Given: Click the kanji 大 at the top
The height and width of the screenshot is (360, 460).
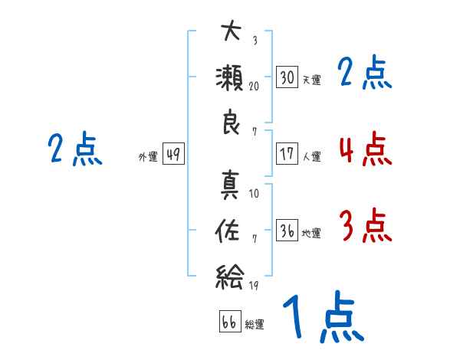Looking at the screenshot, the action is point(232,31).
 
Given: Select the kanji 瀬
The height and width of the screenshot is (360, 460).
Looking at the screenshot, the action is point(229,78).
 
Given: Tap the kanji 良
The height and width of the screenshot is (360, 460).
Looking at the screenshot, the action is point(231,122).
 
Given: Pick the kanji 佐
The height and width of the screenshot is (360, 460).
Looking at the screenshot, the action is point(227,231).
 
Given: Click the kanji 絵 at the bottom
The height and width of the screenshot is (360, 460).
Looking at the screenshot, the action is point(229,277).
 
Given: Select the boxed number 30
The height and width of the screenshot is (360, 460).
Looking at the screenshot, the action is point(287,77).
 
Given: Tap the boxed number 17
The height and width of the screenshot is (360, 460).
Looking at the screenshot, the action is point(287,154).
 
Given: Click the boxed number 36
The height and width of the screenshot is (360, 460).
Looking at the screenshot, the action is point(287,230).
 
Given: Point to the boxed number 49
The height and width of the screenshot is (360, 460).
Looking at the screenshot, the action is point(173,154).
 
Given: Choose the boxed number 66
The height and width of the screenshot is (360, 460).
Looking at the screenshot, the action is point(230,321).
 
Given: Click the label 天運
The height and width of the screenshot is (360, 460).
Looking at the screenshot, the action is point(312,80).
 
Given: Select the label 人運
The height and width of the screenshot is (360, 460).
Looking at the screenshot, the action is point(312,156).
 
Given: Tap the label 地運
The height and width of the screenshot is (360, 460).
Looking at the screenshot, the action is point(311,234).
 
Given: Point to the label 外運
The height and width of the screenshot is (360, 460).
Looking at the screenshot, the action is point(148,156).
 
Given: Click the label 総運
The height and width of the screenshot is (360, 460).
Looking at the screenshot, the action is point(255,325).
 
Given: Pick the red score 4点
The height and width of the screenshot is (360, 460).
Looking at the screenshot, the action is point(366,149).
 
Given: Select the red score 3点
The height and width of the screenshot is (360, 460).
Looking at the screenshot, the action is point(366,225).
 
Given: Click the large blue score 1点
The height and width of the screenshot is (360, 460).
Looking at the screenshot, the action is point(324,316).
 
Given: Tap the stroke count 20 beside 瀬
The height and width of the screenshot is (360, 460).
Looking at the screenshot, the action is point(254,87).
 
